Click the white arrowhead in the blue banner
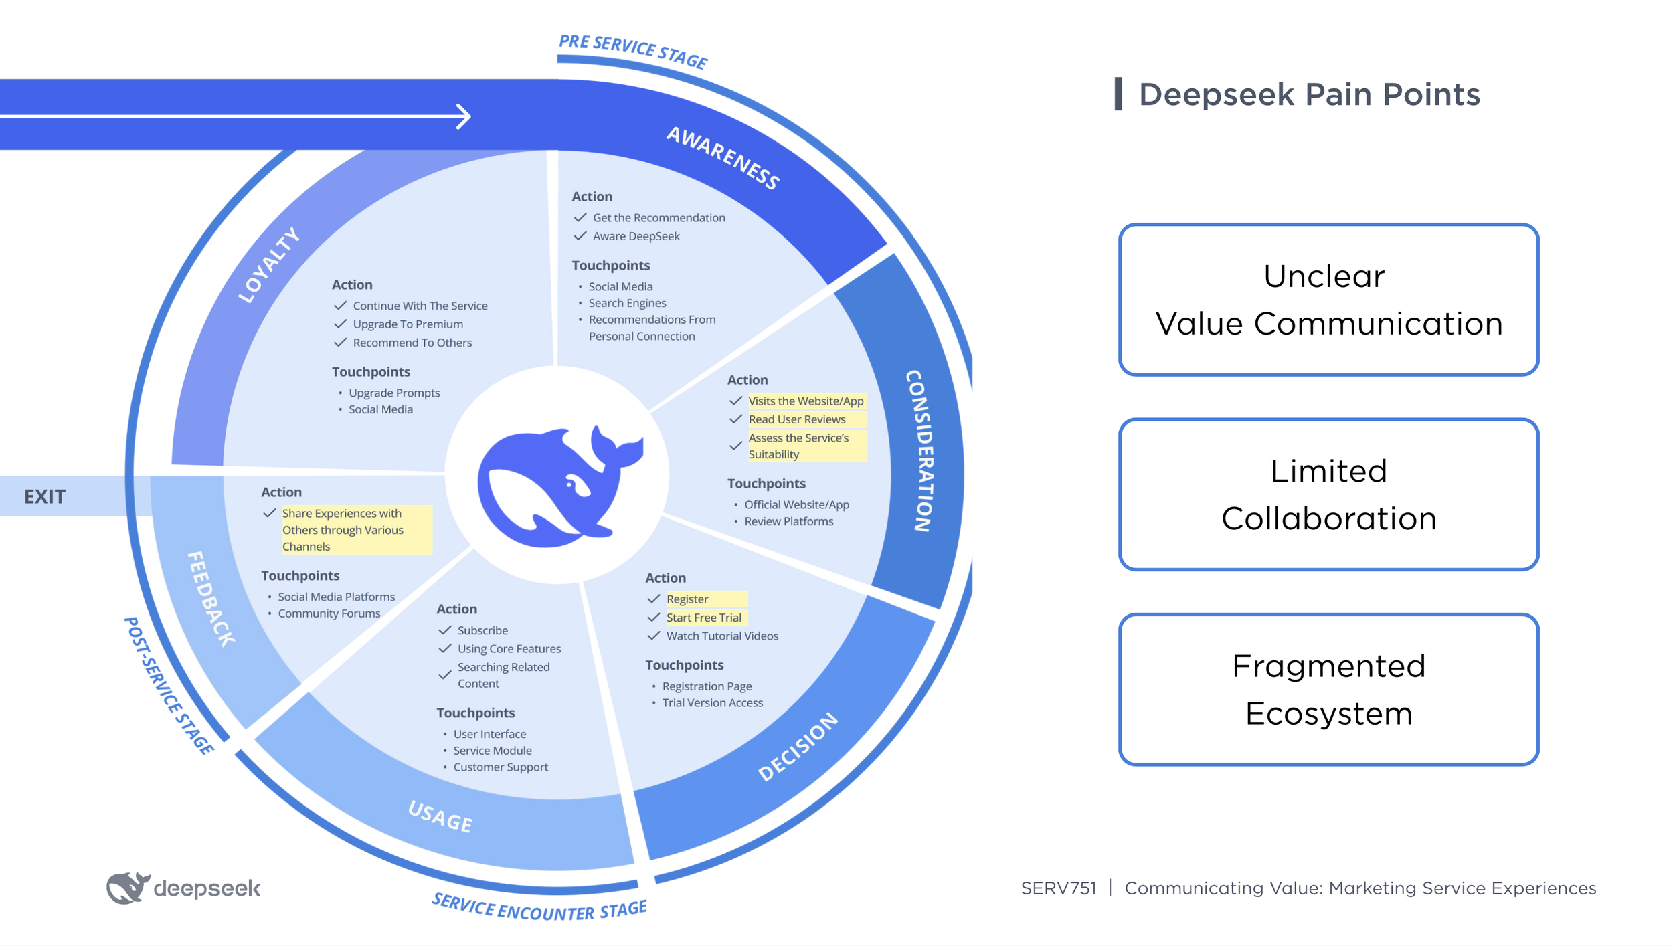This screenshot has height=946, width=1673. [464, 116]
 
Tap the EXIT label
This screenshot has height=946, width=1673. [45, 496]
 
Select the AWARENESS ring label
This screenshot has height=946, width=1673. [723, 158]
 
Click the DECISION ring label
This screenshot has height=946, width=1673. [798, 746]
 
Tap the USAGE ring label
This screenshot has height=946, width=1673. [440, 817]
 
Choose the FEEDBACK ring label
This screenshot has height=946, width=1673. [210, 598]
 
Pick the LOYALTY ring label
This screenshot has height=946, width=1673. [269, 265]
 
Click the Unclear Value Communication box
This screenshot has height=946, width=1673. [1328, 300]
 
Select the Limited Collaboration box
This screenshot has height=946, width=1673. [1328, 494]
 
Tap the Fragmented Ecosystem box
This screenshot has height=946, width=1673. [1328, 689]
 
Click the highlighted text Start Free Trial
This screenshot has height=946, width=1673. [703, 618]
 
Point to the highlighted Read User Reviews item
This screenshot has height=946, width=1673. [797, 419]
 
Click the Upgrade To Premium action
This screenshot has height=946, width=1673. [408, 324]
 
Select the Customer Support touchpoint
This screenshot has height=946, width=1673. [501, 767]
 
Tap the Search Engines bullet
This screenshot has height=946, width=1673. [627, 303]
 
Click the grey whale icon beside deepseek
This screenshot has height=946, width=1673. [127, 888]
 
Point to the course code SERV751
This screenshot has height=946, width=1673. [1058, 888]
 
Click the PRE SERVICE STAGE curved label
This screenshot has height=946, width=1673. [633, 50]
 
